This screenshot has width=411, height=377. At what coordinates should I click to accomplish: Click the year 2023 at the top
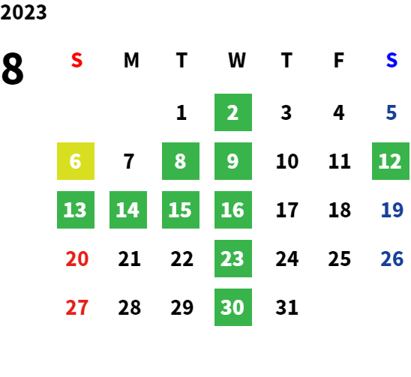click(x=23, y=12)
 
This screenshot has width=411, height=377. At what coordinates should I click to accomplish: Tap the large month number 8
click(x=13, y=68)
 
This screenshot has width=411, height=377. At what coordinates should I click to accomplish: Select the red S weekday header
click(x=76, y=60)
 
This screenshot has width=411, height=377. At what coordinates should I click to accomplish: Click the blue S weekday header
click(x=391, y=60)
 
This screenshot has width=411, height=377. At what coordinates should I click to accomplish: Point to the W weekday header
click(x=237, y=60)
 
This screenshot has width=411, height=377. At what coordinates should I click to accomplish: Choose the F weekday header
click(x=339, y=60)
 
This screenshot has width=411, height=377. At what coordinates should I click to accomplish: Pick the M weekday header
click(x=131, y=60)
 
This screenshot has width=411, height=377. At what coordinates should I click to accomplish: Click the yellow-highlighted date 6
click(x=76, y=161)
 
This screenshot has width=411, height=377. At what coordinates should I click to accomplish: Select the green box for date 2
click(x=233, y=112)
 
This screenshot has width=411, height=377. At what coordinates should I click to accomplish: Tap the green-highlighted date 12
click(x=391, y=161)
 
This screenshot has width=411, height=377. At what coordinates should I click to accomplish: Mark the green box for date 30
click(x=233, y=307)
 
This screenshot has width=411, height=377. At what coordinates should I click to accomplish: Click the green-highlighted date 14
click(x=128, y=210)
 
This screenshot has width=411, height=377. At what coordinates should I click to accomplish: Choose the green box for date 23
click(x=233, y=259)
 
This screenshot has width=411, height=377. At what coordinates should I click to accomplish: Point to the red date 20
click(x=77, y=259)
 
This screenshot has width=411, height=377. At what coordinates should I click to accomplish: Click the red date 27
click(x=77, y=307)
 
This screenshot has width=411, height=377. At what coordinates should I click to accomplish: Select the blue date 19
click(x=391, y=210)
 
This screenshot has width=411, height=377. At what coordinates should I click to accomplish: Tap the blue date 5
click(x=391, y=112)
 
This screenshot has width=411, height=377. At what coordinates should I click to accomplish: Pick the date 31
click(x=286, y=307)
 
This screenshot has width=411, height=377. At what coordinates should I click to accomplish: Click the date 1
click(x=181, y=112)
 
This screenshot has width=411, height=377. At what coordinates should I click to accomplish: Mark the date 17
click(x=287, y=210)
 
